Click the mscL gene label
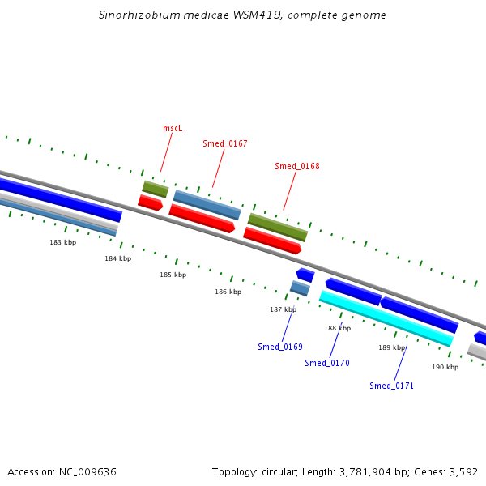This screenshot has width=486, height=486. [x=173, y=128]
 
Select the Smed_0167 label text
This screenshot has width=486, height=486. [x=225, y=143]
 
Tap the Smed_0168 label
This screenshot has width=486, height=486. [x=297, y=166]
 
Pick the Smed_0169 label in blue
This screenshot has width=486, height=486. [x=280, y=347]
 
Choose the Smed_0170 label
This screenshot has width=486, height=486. [x=327, y=363]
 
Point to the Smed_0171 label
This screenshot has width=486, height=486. [x=391, y=386]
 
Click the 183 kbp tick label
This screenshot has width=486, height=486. [x=62, y=242]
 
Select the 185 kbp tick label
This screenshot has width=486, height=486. [x=173, y=275]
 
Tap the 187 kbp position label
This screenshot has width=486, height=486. [x=283, y=309]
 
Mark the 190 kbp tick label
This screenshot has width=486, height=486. [x=445, y=367]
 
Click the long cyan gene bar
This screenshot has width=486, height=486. [x=386, y=318]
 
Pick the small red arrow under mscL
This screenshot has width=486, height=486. [x=151, y=202]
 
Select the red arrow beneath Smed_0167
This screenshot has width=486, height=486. [x=202, y=218]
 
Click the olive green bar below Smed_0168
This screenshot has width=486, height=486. [x=278, y=227]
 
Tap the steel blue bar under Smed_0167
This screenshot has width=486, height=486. [x=207, y=205]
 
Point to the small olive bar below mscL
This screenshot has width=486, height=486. [x=156, y=189]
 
